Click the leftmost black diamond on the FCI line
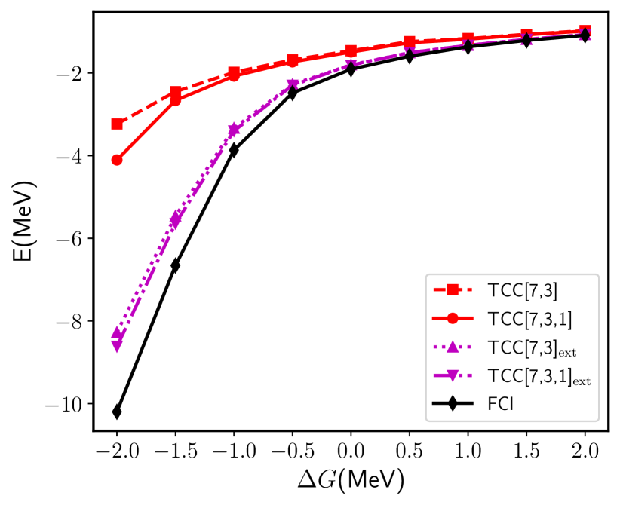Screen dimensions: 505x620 (117, 412)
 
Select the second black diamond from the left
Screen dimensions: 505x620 (175, 265)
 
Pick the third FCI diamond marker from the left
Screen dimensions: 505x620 (234, 150)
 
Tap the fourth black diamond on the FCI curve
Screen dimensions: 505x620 (293, 93)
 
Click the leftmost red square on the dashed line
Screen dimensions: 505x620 (117, 124)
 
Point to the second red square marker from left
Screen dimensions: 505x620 (175, 92)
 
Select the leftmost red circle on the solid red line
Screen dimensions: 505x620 (117, 160)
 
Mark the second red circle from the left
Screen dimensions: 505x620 (175, 99)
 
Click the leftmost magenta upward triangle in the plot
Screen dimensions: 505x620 (117, 332)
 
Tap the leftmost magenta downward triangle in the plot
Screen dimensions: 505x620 (117, 346)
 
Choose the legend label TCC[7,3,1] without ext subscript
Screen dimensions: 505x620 (529, 319)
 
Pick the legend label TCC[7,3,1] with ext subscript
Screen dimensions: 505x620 (539, 377)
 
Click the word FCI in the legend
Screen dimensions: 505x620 (501, 404)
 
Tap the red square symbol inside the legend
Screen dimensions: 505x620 (453, 289)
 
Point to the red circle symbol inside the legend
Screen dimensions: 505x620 (453, 318)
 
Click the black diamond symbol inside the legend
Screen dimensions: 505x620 (453, 404)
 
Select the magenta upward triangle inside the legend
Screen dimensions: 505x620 (453, 347)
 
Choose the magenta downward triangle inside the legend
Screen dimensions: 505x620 (453, 375)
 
